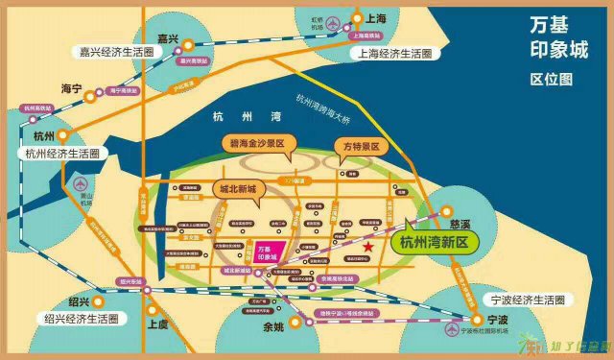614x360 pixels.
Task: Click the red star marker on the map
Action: (x=368, y=246)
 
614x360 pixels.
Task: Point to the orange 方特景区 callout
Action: (x=362, y=147)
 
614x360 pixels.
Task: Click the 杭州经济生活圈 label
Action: (x=62, y=153)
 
